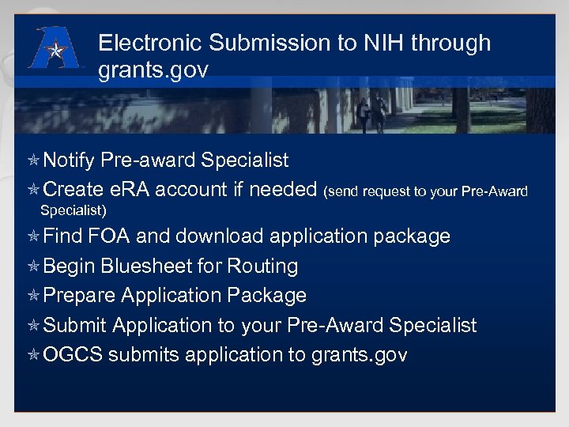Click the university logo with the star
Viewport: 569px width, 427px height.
click(x=55, y=49)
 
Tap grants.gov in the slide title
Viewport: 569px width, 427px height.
click(x=153, y=70)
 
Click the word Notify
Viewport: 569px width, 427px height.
click(x=70, y=161)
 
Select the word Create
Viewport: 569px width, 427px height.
click(x=73, y=190)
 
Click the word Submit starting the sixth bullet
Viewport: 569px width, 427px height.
click(x=75, y=325)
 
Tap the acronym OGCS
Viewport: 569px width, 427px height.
click(x=73, y=355)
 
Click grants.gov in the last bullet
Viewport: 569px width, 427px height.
click(x=360, y=355)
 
